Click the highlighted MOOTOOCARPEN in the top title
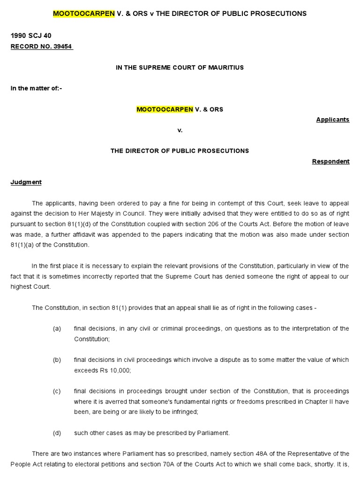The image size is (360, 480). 83,14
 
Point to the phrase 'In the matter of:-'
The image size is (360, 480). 36,89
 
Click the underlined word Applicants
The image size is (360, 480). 333,120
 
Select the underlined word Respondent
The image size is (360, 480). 331,161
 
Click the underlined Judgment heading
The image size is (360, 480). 26,182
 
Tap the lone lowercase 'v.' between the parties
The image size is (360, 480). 180,130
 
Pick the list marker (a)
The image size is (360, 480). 57,329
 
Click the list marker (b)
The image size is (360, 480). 57,360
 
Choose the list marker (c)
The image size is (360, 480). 57,391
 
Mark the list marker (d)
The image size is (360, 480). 57,433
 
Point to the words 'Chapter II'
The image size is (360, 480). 308,402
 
